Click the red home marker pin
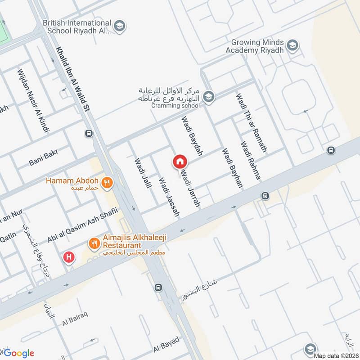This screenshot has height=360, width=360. (x=180, y=161)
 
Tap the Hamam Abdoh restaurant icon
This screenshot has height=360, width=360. (x=107, y=182)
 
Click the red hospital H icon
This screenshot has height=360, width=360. (x=69, y=257)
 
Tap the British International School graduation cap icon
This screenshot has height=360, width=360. (x=119, y=26)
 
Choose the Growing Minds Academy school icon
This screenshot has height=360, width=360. (x=293, y=45)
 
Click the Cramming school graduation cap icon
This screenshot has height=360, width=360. (x=208, y=96)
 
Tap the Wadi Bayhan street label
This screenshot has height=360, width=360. (x=232, y=169)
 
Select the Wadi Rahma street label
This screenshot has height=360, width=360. (x=251, y=161)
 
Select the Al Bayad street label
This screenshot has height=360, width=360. (x=166, y=345)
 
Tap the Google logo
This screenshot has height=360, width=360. (x=19, y=353)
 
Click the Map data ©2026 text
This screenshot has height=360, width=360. (x=336, y=355)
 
